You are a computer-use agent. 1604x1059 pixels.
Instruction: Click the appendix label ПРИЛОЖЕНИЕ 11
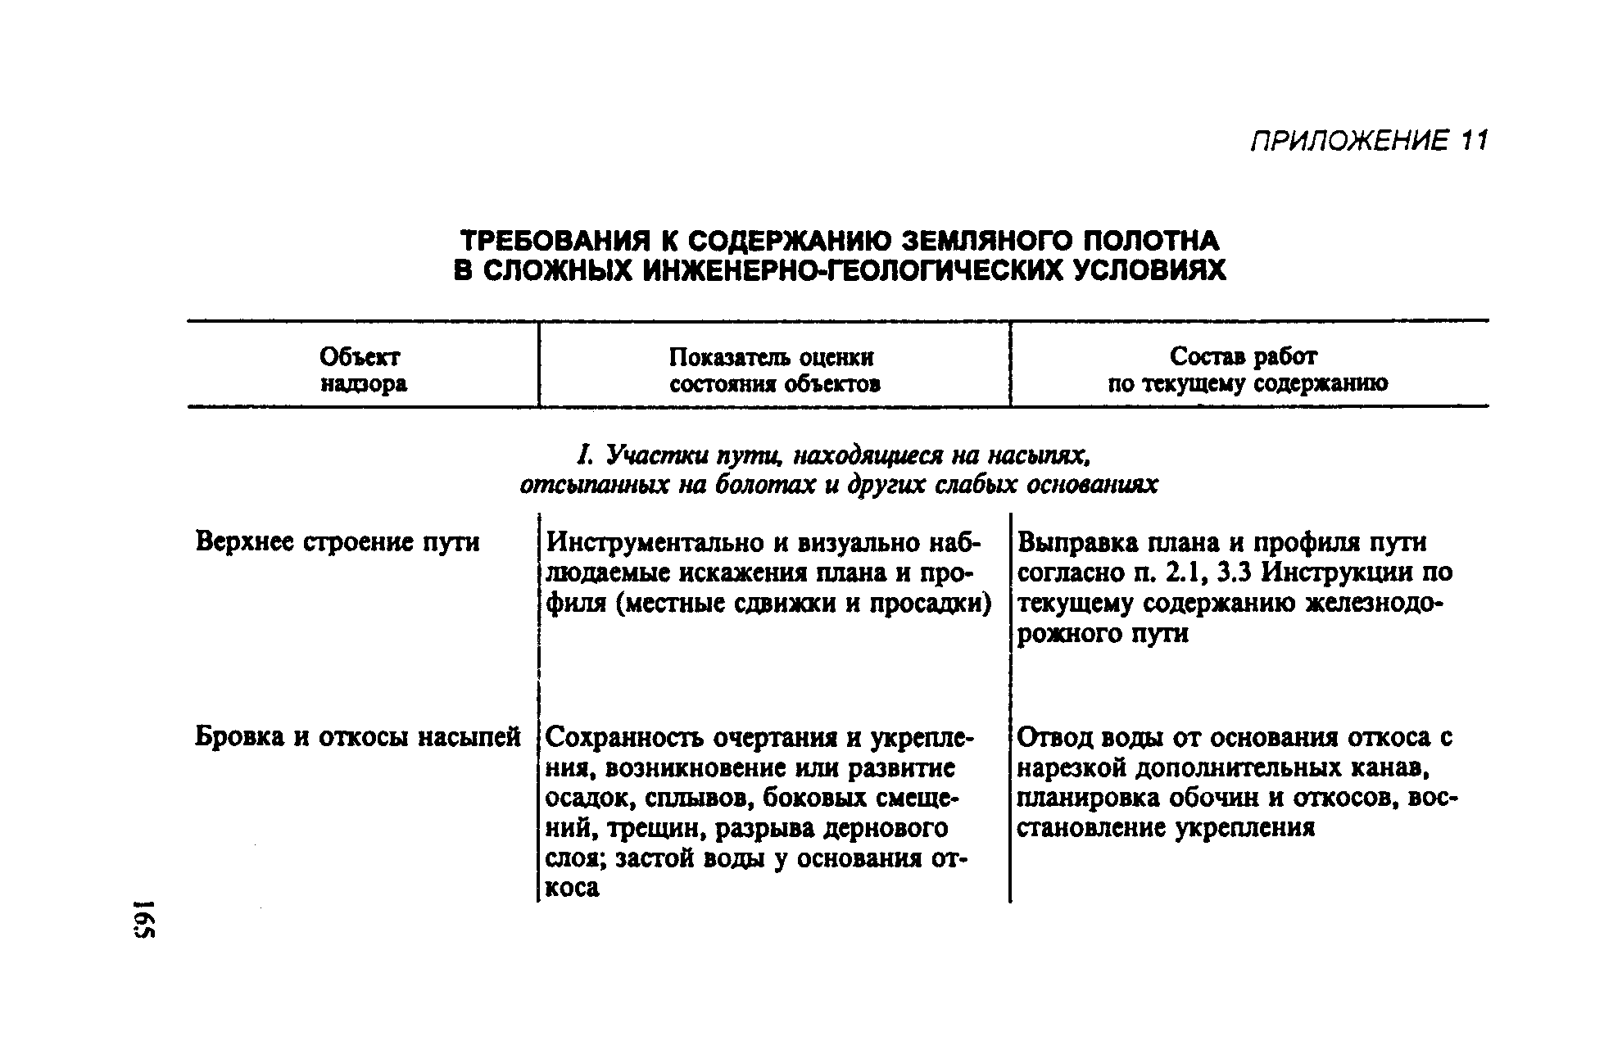[x=1367, y=142]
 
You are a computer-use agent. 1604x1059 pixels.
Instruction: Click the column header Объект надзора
[x=363, y=370]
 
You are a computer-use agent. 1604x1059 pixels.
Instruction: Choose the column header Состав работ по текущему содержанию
[x=1247, y=370]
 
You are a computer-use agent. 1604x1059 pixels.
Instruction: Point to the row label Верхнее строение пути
[x=338, y=542]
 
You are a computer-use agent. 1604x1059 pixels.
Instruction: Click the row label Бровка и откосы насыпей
[x=358, y=737]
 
